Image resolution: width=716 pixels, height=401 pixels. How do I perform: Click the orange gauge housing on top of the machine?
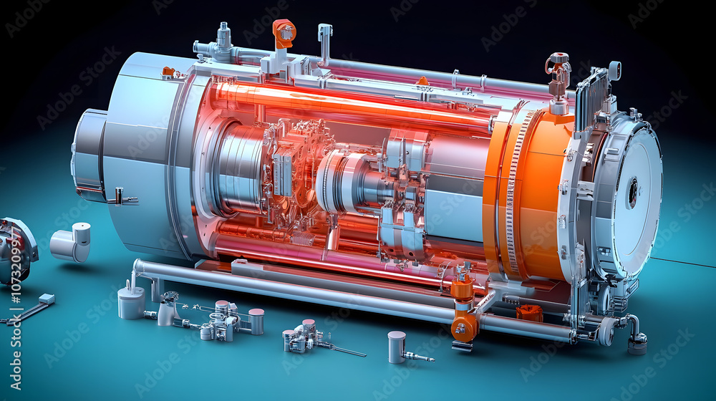point(284,33)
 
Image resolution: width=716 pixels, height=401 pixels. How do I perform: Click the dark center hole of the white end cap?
point(633,192)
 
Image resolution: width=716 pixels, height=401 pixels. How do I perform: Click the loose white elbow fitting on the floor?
point(72,242)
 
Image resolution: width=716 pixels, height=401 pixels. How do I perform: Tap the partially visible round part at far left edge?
point(16,251)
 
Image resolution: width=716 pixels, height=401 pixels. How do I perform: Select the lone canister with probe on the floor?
point(398,347)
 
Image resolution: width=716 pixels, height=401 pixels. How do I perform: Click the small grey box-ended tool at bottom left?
point(46,299)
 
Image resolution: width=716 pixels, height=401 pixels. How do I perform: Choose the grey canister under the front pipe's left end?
point(131,301)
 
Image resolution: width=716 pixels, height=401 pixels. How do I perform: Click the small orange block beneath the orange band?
point(530,312)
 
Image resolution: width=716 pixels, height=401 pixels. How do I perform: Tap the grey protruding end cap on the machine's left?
point(89,155)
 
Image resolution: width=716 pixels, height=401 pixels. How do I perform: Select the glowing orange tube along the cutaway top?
point(344,104)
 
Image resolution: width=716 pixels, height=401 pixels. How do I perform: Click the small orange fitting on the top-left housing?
point(168,71)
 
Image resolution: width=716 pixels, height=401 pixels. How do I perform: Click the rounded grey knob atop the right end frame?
point(614,69)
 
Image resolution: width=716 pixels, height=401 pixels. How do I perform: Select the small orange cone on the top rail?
point(422,81)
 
